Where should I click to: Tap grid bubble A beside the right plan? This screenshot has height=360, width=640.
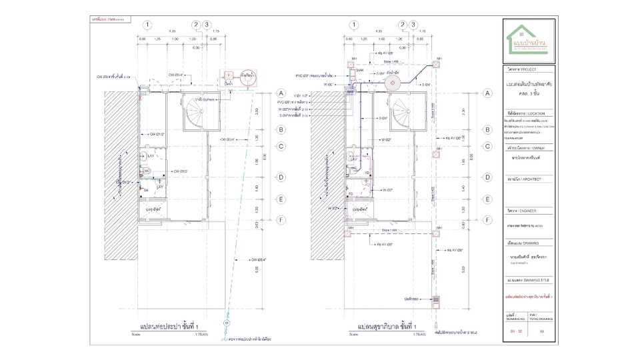pos(487,94)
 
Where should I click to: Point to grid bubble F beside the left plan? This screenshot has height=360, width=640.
pos(281,219)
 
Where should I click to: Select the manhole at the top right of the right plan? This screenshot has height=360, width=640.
pos(439,61)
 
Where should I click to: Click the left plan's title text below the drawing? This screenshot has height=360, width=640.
pos(170,327)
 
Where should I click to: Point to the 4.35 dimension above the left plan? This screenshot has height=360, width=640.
pos(172,31)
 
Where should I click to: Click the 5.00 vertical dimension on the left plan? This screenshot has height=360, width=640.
pos(257,269)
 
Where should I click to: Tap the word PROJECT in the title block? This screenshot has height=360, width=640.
pos(527,69)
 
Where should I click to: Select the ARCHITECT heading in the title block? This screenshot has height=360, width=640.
pos(527,179)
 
